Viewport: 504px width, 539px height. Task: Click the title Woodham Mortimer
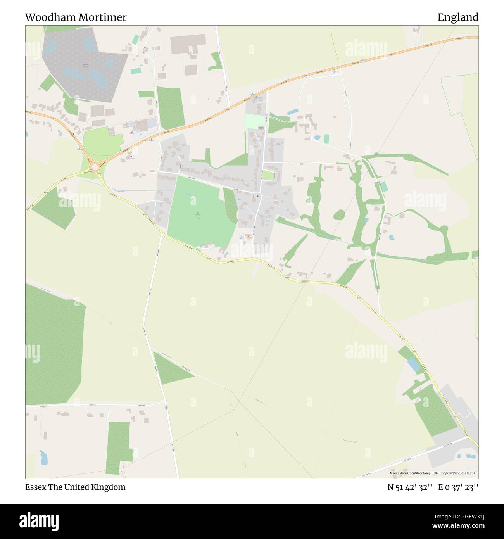(76, 17)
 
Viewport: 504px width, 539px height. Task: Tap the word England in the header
(457, 17)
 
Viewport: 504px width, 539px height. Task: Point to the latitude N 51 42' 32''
(410, 487)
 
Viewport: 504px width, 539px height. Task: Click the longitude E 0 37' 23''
(458, 487)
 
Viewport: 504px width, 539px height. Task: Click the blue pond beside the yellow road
(414, 366)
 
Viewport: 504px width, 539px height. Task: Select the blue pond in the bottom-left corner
(43, 458)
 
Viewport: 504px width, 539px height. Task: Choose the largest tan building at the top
(188, 43)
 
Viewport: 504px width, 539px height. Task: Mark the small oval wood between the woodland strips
(339, 214)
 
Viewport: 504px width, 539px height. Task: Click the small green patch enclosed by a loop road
(268, 175)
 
